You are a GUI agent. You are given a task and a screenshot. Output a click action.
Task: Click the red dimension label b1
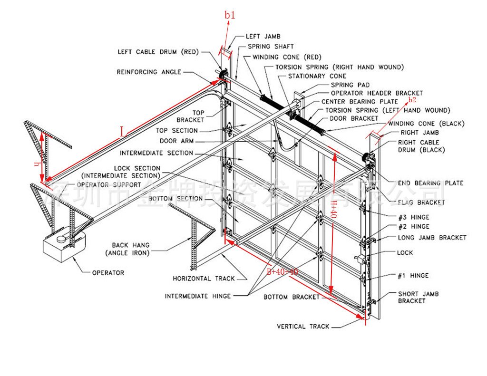[230, 15]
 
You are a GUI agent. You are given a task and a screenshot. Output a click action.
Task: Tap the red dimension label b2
[412, 100]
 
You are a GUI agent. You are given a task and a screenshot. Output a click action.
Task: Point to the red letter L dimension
[123, 132]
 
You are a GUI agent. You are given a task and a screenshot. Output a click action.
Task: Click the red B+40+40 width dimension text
[282, 272]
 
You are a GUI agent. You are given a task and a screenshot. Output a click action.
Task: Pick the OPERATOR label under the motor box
[108, 273]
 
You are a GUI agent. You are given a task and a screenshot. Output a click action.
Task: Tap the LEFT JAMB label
[263, 36]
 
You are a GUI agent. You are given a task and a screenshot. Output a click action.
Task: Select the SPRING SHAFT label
[271, 47]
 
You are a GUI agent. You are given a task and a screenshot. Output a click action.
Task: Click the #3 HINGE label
[413, 216]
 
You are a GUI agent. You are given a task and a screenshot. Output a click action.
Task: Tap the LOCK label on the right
[405, 253]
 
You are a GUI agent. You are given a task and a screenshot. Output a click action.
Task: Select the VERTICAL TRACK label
[303, 327]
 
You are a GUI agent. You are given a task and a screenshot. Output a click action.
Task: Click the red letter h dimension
[37, 164]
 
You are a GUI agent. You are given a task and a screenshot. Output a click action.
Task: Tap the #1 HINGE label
[413, 276]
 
